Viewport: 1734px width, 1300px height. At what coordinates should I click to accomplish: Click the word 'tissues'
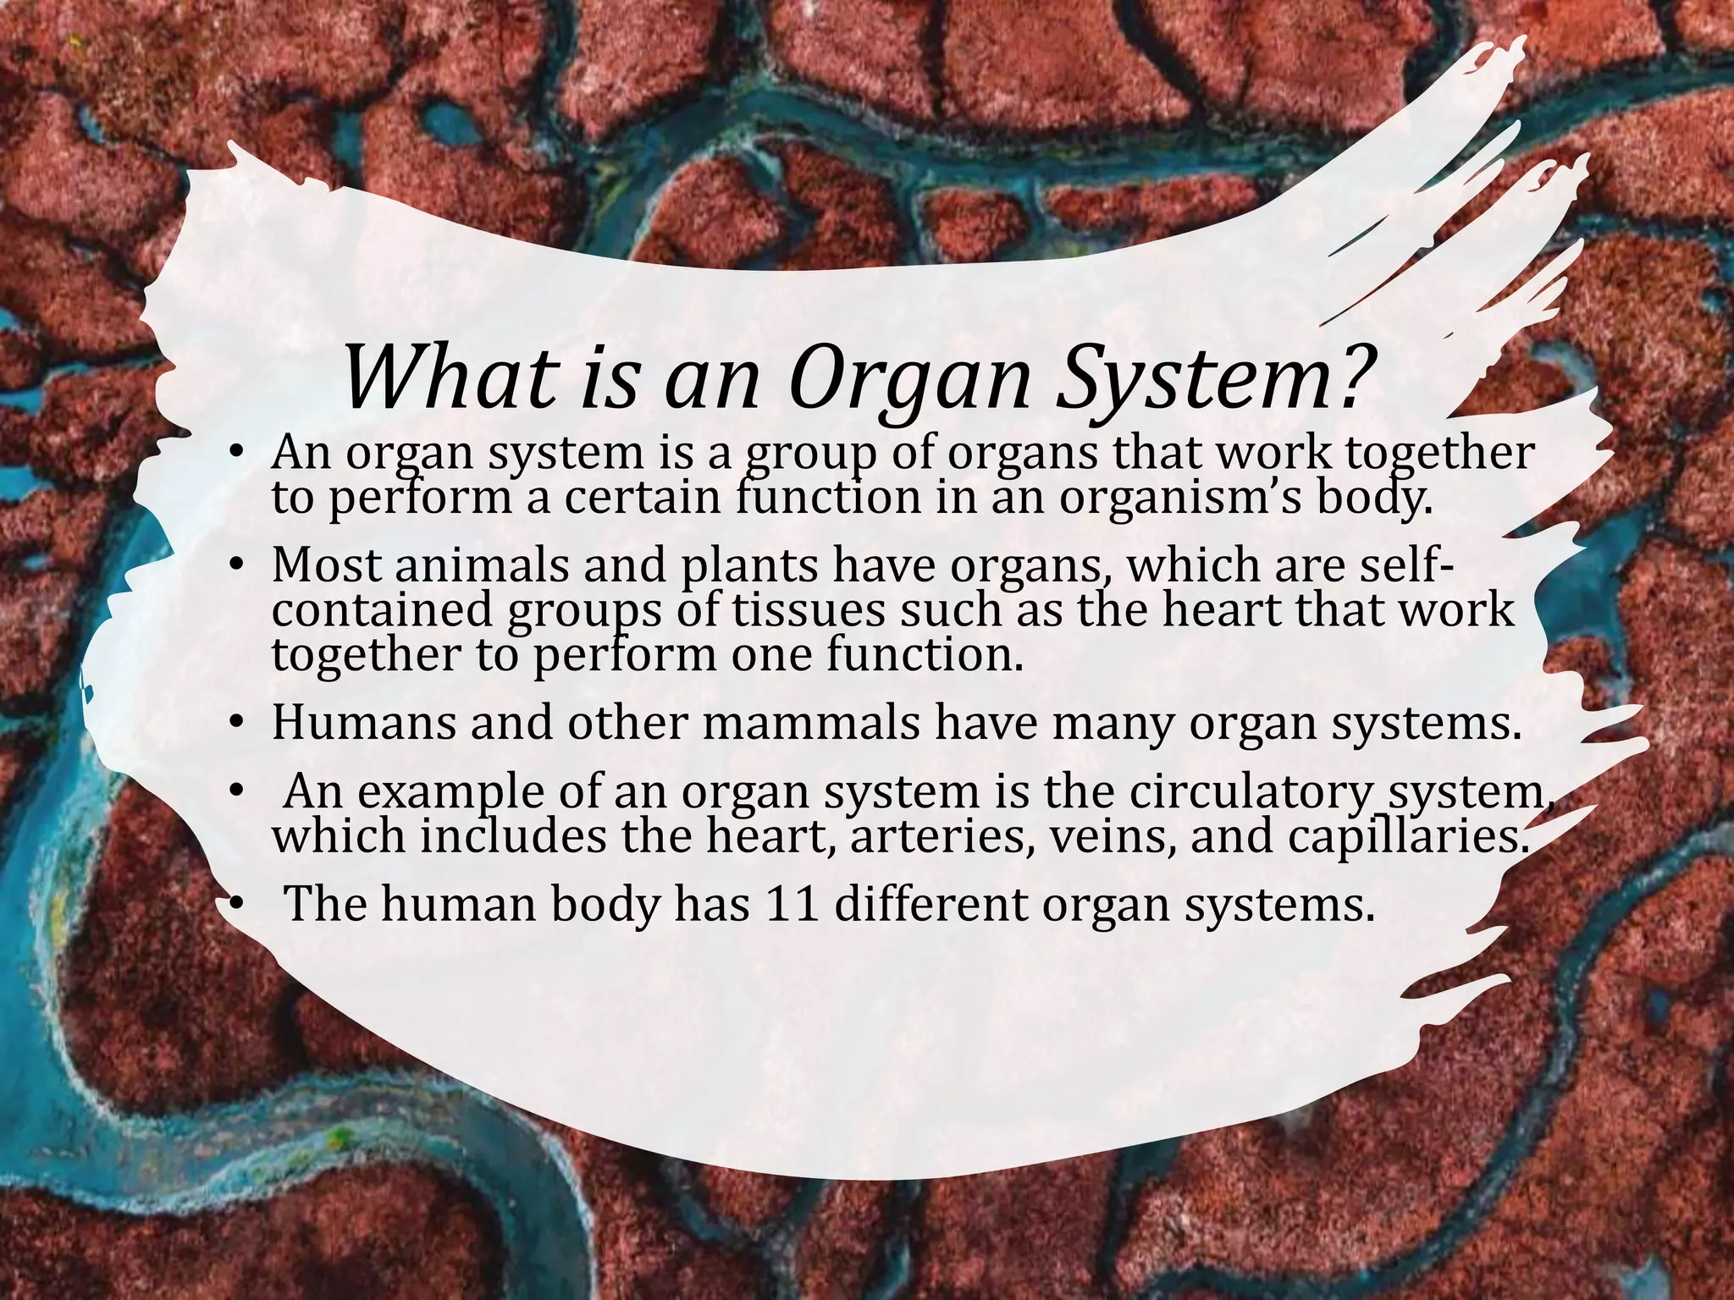pos(793,611)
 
